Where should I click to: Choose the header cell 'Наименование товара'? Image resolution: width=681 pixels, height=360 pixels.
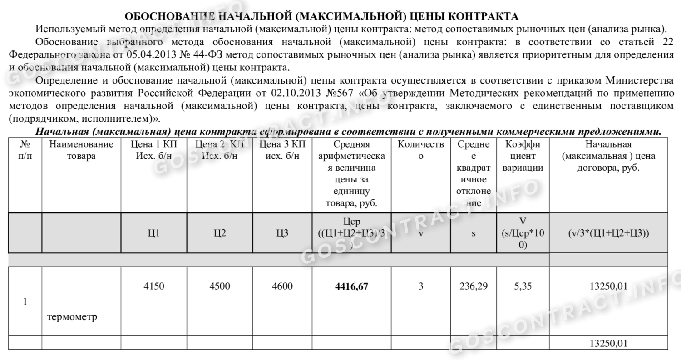pyautogui.click(x=81, y=150)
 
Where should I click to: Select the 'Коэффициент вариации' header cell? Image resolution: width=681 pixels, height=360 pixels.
pyautogui.click(x=523, y=156)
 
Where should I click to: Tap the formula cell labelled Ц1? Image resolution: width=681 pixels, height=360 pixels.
pyautogui.click(x=153, y=233)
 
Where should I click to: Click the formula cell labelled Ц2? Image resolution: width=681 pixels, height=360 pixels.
pyautogui.click(x=220, y=233)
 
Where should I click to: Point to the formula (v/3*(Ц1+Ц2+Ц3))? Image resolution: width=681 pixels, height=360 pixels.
pyautogui.click(x=608, y=233)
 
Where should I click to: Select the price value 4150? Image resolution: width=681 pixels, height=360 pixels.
pyautogui.click(x=153, y=286)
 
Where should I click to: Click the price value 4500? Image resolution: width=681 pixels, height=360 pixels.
pyautogui.click(x=220, y=286)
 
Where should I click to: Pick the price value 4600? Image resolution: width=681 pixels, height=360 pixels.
pyautogui.click(x=282, y=286)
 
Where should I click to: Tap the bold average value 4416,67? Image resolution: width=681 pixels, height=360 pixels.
pyautogui.click(x=351, y=286)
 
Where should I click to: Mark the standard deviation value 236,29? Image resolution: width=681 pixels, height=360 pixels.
pyautogui.click(x=473, y=286)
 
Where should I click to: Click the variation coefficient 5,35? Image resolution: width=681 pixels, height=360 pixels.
pyautogui.click(x=523, y=286)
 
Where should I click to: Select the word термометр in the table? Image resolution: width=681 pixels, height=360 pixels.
pyautogui.click(x=72, y=317)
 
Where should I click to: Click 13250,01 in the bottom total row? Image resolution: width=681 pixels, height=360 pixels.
pyautogui.click(x=608, y=343)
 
